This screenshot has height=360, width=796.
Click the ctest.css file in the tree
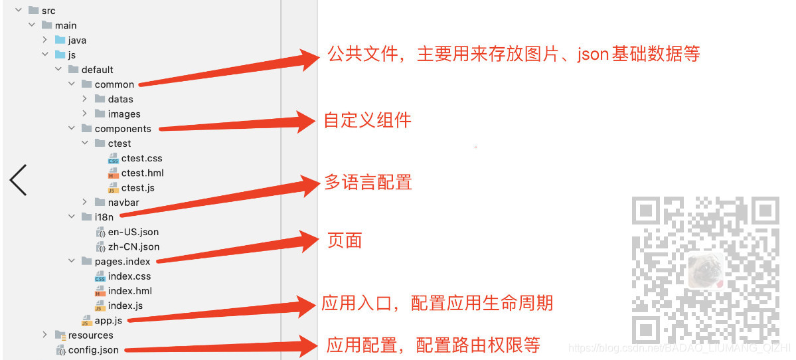pyautogui.click(x=141, y=158)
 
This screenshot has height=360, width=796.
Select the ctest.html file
pyautogui.click(x=142, y=173)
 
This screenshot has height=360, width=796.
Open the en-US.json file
pyautogui.click(x=133, y=232)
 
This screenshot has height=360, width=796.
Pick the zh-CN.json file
pyautogui.click(x=133, y=246)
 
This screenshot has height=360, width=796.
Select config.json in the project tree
pyautogui.click(x=93, y=350)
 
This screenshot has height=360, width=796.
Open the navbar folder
pyautogui.click(x=123, y=202)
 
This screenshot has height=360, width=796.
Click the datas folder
pyautogui.click(x=120, y=99)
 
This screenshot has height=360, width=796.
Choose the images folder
pyautogui.click(x=124, y=114)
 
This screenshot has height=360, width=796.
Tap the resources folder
pyautogui.click(x=90, y=335)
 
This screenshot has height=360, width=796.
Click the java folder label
pyautogui.click(x=77, y=40)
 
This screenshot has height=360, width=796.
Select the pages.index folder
pyautogui.click(x=122, y=261)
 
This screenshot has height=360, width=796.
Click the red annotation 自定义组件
pyautogui.click(x=368, y=120)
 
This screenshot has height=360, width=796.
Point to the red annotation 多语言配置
pyautogui.click(x=368, y=182)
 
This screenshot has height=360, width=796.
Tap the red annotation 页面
pyautogui.click(x=345, y=240)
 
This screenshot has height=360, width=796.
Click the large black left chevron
pyautogui.click(x=18, y=180)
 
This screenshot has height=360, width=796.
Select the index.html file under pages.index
pyautogui.click(x=129, y=291)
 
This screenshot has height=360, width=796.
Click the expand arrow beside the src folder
pyautogui.click(x=19, y=11)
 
